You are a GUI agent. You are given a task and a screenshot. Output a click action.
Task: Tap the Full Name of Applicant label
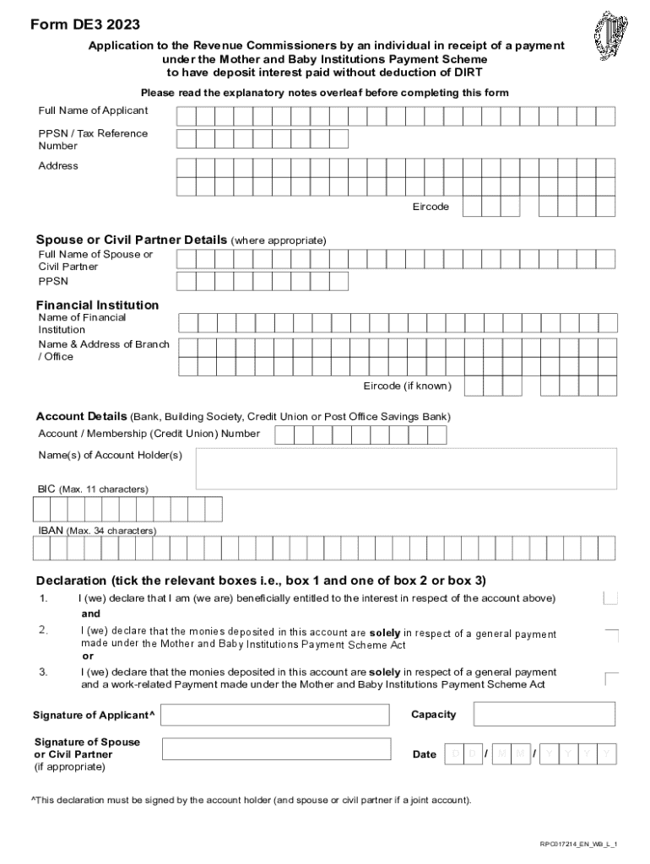[93, 111]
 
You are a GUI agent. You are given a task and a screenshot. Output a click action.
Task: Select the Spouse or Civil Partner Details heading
[132, 240]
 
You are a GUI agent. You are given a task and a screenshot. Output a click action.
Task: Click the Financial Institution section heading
[97, 305]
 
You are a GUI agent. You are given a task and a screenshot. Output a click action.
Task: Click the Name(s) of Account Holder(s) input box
[406, 468]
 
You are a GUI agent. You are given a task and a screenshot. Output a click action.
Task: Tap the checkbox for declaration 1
[610, 598]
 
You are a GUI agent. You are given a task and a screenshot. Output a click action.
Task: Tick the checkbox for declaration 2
[612, 635]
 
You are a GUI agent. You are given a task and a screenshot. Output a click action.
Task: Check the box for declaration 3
[612, 678]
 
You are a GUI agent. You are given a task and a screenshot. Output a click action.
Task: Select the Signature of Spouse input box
[276, 748]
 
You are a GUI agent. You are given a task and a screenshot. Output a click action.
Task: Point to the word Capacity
[433, 715]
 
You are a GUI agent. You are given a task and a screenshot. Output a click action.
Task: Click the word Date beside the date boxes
[425, 754]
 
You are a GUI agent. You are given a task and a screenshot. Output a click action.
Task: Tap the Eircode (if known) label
[407, 386]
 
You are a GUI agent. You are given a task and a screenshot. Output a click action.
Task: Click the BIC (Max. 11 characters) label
[93, 489]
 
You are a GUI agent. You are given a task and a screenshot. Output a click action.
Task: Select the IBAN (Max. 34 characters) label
[97, 531]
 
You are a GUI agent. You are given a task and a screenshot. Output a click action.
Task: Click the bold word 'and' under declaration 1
[90, 614]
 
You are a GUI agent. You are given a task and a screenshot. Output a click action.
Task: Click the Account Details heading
[81, 416]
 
